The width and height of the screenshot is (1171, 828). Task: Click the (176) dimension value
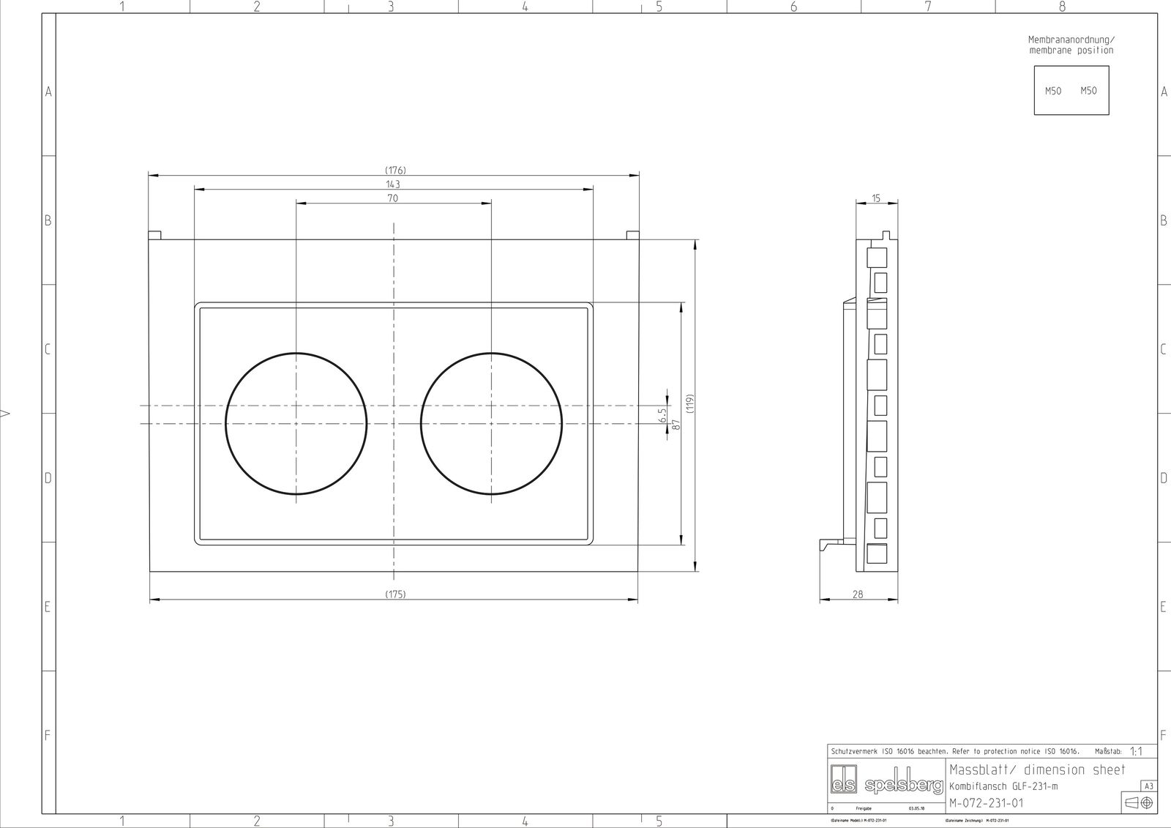tap(396, 171)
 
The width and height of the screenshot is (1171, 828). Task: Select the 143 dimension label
tap(393, 184)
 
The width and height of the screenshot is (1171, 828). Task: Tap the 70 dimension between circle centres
tap(392, 198)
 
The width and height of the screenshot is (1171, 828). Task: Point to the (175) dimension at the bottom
tap(395, 594)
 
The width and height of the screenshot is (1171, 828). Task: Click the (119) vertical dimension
tap(689, 403)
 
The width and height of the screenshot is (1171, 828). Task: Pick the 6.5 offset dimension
tap(663, 416)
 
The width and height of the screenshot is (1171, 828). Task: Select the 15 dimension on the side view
tap(876, 198)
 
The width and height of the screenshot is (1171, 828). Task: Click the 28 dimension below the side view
tap(858, 594)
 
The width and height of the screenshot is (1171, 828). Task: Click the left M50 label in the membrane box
tap(1052, 92)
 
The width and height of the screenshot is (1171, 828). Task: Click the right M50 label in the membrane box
tap(1089, 91)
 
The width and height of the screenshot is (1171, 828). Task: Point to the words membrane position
tap(1071, 51)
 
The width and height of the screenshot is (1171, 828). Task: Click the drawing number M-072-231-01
tap(986, 803)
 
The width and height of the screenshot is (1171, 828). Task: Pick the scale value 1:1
tap(1137, 751)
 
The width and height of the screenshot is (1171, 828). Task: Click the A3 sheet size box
tap(1148, 786)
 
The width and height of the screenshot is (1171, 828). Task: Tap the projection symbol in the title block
tap(1139, 803)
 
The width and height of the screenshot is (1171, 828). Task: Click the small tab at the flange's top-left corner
tap(154, 236)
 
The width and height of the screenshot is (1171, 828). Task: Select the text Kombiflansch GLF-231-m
tap(1003, 786)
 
